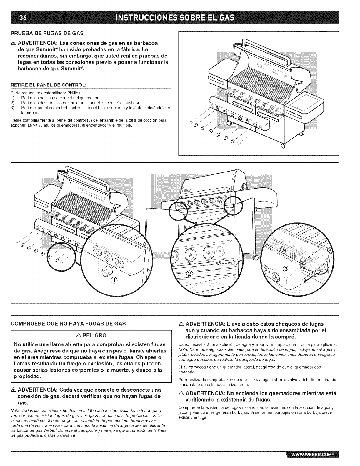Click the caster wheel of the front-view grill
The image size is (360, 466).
pos(255,258)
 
